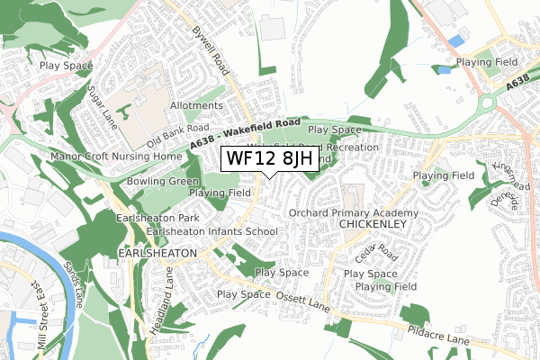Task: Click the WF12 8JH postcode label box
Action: click(270, 158)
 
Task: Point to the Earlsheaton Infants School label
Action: click(211, 231)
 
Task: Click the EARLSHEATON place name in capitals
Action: click(157, 255)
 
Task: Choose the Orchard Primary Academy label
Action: click(354, 212)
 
